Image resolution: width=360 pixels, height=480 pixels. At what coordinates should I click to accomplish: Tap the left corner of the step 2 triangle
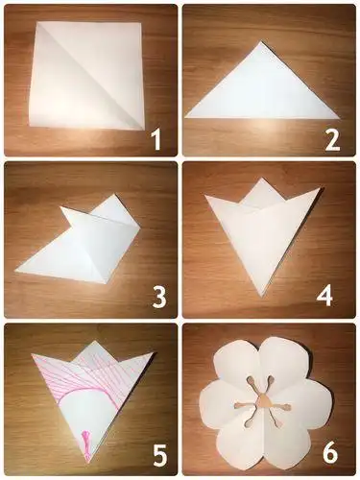(x=186, y=116)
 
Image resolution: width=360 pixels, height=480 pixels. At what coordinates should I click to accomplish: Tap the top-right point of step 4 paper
(x=318, y=189)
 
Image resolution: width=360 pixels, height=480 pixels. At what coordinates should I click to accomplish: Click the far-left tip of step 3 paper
(x=15, y=272)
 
